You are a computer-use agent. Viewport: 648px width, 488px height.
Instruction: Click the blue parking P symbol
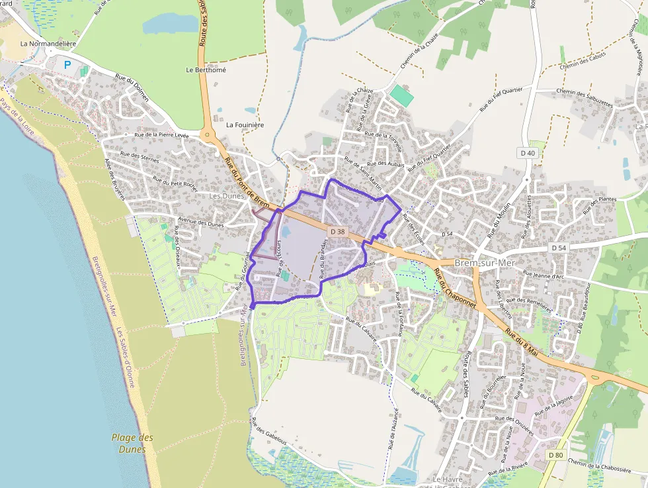click(67, 65)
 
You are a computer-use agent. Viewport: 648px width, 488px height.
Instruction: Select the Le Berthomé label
click(206, 70)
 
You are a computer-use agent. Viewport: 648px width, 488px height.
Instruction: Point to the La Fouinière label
click(245, 124)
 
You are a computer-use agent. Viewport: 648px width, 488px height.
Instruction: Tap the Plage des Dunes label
click(132, 443)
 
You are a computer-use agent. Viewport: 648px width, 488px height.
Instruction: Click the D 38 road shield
click(337, 231)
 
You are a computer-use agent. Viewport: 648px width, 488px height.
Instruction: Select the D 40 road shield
click(527, 153)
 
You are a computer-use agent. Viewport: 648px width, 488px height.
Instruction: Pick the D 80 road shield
click(555, 455)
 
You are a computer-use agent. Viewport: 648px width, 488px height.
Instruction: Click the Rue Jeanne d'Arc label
click(547, 272)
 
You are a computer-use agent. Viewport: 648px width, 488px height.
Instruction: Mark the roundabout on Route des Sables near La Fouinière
click(208, 136)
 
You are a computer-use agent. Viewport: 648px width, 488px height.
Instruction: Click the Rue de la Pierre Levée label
click(161, 135)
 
